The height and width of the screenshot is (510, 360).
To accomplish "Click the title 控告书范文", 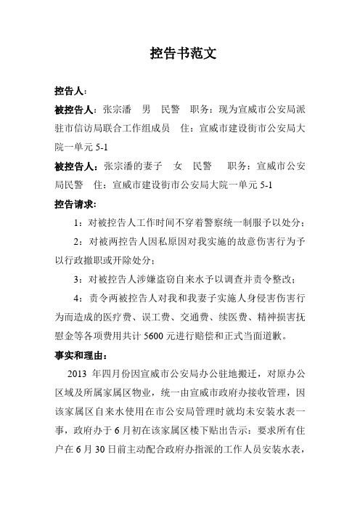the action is coord(179,54).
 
